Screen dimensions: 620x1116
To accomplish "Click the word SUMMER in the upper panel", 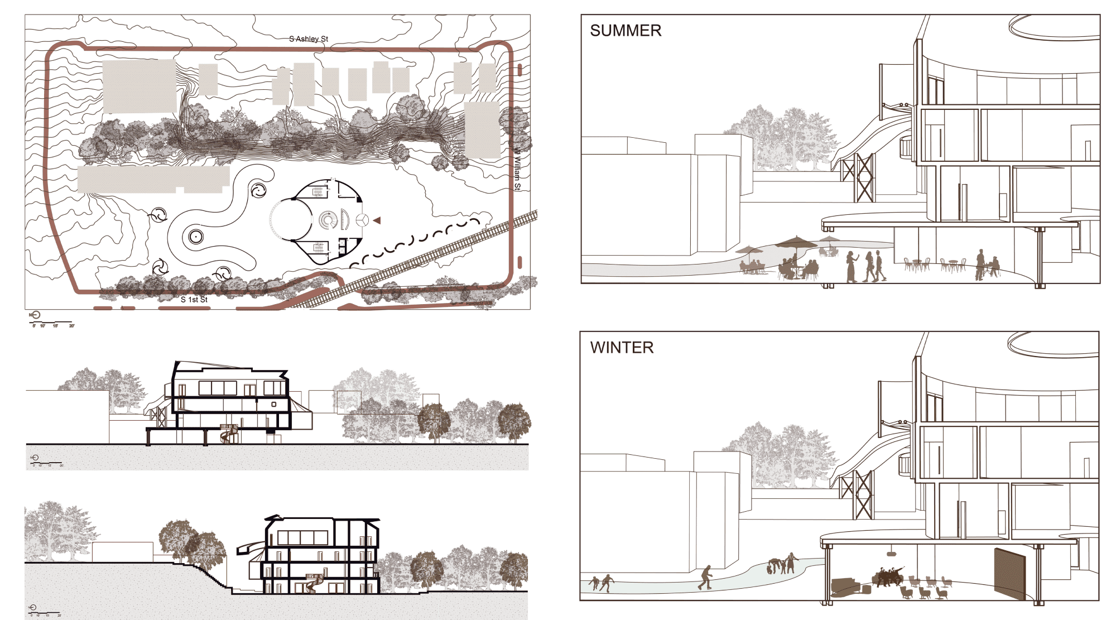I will coord(626,31).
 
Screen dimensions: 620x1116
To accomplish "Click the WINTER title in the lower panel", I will coord(622,348).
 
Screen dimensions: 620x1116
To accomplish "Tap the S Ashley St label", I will coord(309,39).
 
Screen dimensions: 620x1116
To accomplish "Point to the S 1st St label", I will coord(194,300).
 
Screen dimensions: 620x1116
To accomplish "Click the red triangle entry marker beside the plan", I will coord(377,220).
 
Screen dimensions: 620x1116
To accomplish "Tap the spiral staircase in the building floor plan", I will coord(328,220).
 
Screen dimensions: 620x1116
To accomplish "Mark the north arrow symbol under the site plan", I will coord(36,315).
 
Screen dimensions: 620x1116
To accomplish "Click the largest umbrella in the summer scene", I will coord(796,242).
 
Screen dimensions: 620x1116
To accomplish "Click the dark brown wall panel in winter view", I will coord(1009,574).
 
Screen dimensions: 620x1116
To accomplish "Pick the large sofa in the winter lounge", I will coord(846,586).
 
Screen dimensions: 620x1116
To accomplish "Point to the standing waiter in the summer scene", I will coord(980,264).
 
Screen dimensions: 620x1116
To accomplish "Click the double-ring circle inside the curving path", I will coord(195,237).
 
